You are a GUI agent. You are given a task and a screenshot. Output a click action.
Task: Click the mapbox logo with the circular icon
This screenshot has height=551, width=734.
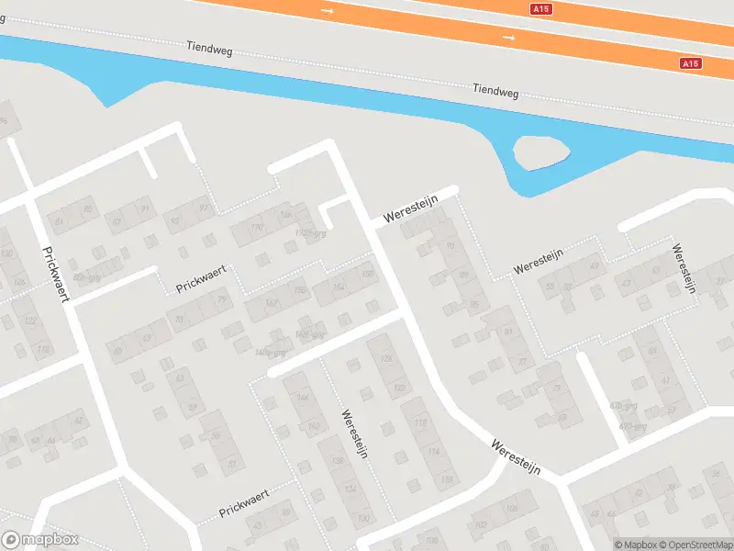point(40,540)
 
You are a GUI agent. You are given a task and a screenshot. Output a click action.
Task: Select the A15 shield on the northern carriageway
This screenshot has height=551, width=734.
point(542,9)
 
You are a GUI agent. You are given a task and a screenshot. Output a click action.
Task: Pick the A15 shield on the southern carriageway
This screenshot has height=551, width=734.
point(691,63)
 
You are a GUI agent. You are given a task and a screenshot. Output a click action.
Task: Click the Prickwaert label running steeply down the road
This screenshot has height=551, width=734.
point(55,277)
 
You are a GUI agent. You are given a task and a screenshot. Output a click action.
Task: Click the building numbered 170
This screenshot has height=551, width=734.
point(257,226)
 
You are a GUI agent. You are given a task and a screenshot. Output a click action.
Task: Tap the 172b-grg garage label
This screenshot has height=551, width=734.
point(311,233)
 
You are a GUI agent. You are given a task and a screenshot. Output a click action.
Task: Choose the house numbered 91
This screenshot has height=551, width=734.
point(144,209)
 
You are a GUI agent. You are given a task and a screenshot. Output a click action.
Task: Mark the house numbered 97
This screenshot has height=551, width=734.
point(204,208)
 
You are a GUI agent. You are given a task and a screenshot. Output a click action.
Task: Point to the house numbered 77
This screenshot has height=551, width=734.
point(523,362)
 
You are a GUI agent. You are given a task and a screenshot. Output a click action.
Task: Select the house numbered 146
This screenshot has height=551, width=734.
point(303,396)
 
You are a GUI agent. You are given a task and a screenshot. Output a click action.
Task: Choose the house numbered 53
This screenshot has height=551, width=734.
point(550,286)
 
